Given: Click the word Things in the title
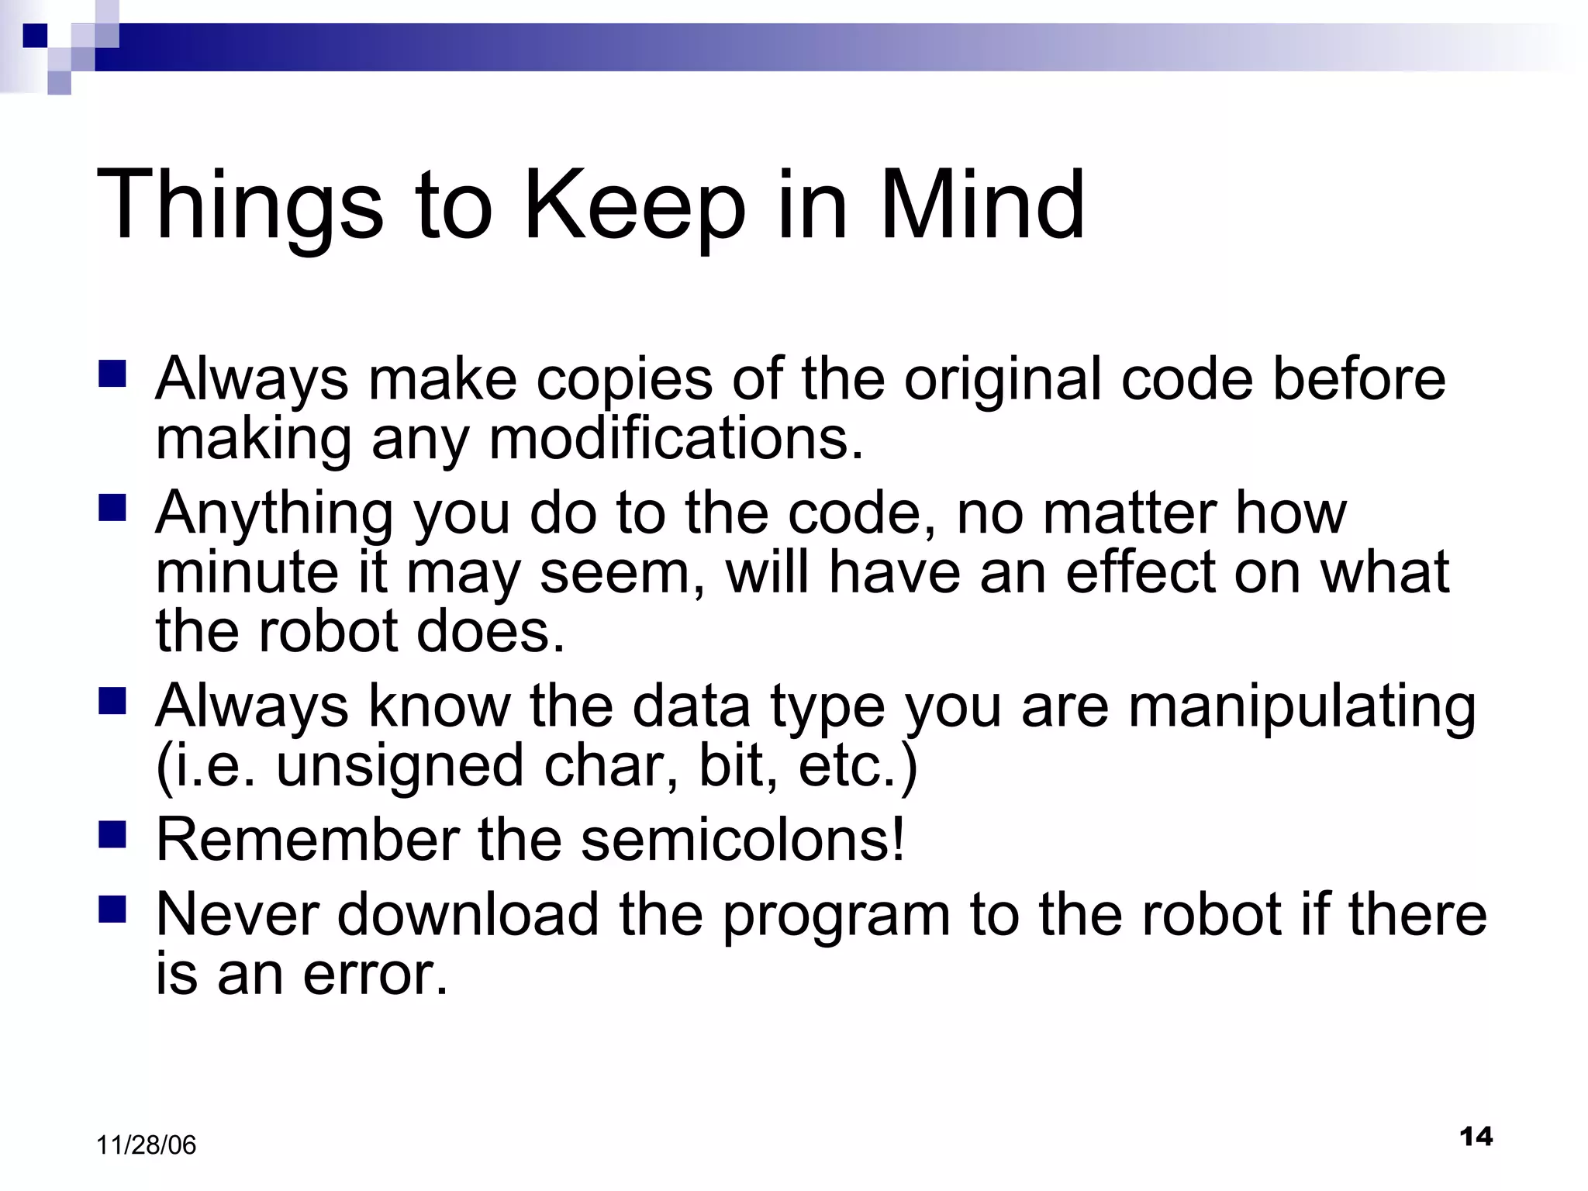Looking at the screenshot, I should [x=240, y=208].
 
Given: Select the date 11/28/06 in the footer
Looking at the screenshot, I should [x=146, y=1145].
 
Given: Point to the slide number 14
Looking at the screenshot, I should [x=1476, y=1137].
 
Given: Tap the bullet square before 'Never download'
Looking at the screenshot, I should [x=112, y=909].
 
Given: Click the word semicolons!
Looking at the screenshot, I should [x=743, y=841].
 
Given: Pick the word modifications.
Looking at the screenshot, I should [x=676, y=439].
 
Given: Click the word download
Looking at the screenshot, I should [x=468, y=915].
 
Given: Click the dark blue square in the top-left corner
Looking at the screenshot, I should [x=35, y=36].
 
